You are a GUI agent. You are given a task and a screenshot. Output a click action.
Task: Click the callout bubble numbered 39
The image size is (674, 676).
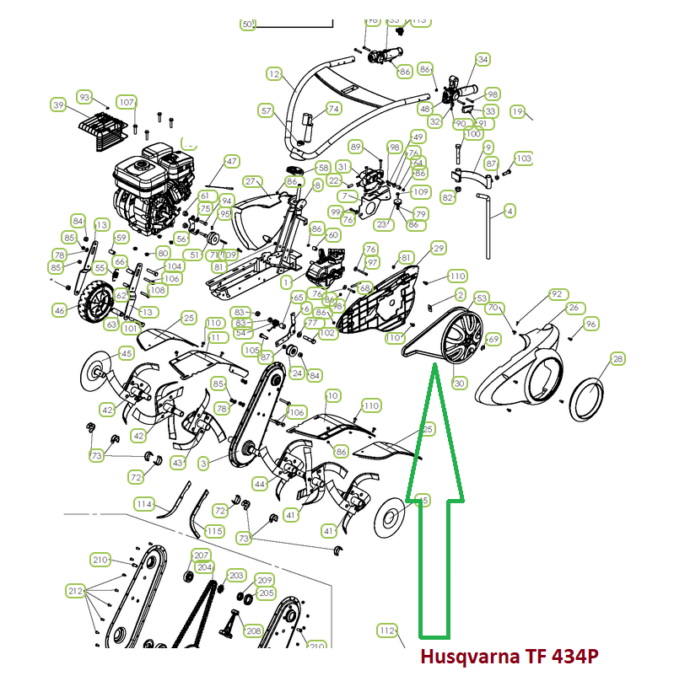tap(58, 105)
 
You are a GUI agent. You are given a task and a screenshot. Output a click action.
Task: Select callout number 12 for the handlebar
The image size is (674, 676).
tap(273, 74)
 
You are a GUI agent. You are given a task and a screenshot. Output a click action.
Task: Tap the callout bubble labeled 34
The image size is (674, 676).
tap(483, 60)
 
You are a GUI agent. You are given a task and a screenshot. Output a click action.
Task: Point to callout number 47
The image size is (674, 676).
tap(231, 161)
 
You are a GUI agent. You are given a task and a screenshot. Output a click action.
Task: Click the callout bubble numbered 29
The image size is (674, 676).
tap(438, 248)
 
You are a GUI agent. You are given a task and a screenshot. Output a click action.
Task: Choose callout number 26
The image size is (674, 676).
tap(574, 308)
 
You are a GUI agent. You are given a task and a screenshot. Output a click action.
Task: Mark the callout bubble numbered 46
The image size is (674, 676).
tap(59, 311)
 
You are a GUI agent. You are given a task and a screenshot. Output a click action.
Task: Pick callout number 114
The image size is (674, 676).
tap(144, 504)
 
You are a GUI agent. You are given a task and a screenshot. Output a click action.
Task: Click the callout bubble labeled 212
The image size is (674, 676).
tap(76, 591)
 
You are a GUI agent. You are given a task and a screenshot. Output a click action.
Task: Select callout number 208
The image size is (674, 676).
tap(253, 630)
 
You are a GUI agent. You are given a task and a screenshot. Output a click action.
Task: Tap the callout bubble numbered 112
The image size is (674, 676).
tap(386, 630)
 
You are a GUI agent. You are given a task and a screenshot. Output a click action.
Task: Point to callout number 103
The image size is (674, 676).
tap(524, 158)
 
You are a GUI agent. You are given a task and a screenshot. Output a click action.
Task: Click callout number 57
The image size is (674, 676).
tap(267, 110)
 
